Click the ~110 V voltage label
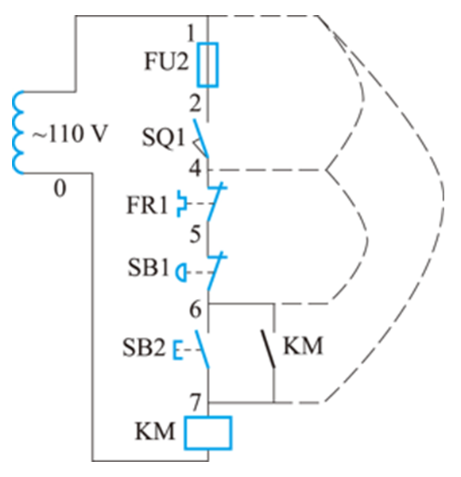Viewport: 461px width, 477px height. (x=70, y=134)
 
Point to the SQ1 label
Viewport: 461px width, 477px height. (x=163, y=138)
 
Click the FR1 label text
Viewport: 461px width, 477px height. (x=147, y=205)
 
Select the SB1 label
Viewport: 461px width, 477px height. (x=148, y=268)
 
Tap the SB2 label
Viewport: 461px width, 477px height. (x=144, y=347)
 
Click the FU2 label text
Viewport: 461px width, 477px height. (x=166, y=61)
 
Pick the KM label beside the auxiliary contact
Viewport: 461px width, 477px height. (x=303, y=346)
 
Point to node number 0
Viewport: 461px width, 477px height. (x=60, y=188)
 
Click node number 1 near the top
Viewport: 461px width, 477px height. (x=192, y=33)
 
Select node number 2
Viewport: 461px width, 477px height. (x=196, y=103)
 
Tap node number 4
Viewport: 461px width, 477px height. (x=196, y=169)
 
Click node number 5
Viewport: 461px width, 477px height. (x=196, y=234)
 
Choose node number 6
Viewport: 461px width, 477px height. (x=196, y=309)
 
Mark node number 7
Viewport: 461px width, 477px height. (x=196, y=401)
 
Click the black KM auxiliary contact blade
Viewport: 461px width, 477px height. (x=268, y=349)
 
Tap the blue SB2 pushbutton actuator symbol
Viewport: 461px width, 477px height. (x=178, y=350)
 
